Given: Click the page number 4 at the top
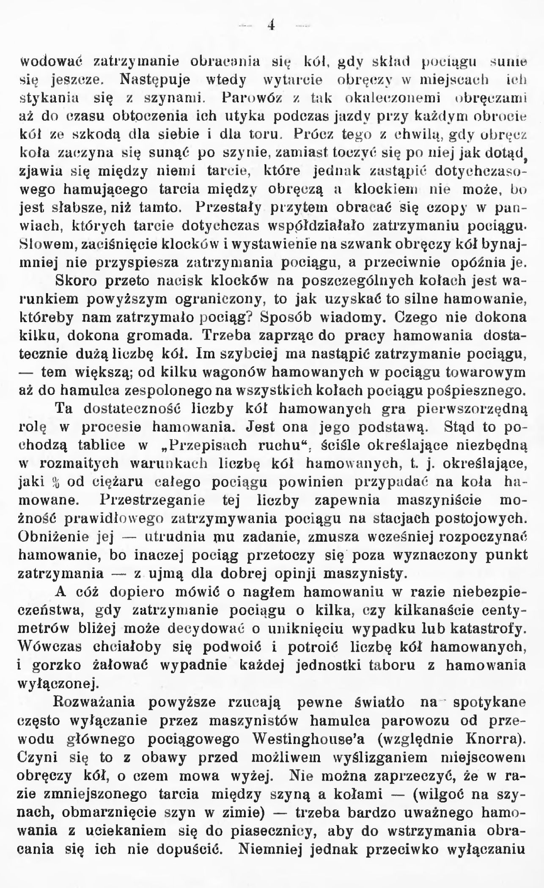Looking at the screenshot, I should click(271, 25).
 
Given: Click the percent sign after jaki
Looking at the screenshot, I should click(54, 482).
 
